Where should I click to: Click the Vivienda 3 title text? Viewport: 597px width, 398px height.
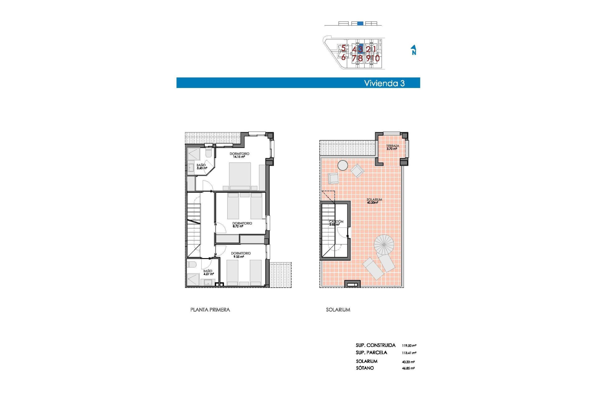click(x=384, y=83)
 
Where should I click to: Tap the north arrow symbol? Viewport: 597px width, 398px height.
click(x=414, y=50)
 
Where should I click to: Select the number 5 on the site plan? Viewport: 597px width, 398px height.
click(x=343, y=48)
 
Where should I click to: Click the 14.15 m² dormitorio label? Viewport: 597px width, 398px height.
click(x=239, y=155)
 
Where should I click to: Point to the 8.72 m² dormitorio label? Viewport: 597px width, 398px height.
click(x=242, y=225)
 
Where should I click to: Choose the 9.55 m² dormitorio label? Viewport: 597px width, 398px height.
click(x=241, y=255)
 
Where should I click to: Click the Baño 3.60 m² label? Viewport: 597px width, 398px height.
click(x=201, y=167)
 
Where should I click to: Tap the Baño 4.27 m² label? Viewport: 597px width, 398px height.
click(x=208, y=273)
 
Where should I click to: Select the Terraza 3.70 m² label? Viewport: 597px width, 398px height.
click(x=392, y=147)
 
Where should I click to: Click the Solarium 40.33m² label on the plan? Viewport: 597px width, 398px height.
click(x=374, y=201)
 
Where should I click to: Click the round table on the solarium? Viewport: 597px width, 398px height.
click(x=343, y=165)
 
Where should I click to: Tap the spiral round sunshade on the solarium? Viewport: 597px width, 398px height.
click(x=384, y=244)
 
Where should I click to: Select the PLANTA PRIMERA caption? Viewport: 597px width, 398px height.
click(x=210, y=310)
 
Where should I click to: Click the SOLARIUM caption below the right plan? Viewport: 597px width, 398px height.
click(x=338, y=310)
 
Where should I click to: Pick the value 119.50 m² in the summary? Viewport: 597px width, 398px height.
click(x=409, y=345)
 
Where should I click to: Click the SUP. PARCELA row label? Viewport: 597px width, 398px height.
click(x=371, y=353)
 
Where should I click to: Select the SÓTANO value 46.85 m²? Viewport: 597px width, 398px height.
click(x=408, y=368)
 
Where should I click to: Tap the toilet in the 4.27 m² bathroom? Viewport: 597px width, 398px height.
click(x=192, y=265)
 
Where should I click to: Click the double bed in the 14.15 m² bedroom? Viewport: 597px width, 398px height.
click(x=240, y=176)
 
